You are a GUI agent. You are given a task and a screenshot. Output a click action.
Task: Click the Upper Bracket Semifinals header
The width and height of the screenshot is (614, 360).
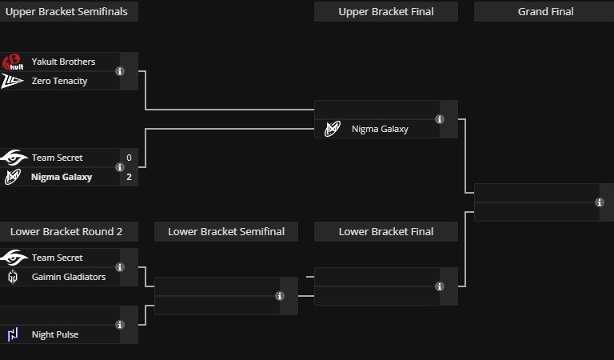(x=67, y=11)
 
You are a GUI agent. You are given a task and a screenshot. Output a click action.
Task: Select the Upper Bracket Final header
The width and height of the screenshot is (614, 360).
(x=385, y=11)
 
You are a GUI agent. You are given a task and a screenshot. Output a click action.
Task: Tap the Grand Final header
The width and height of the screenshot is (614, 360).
(x=545, y=11)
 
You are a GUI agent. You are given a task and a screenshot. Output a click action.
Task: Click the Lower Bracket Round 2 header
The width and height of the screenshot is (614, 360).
(x=66, y=231)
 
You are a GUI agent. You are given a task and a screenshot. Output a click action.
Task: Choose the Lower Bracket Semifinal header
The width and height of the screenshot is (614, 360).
(x=226, y=231)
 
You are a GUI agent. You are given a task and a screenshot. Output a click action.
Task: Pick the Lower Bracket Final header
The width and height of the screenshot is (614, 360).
(x=385, y=231)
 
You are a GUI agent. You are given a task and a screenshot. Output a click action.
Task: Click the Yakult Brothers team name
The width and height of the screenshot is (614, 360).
(x=63, y=62)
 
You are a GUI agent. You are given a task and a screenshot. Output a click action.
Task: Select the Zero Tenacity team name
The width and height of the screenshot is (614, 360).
(x=59, y=81)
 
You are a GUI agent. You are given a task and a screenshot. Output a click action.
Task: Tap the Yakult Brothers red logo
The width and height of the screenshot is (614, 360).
(x=13, y=62)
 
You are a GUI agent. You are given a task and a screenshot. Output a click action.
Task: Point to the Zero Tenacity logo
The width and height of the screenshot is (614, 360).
(x=13, y=81)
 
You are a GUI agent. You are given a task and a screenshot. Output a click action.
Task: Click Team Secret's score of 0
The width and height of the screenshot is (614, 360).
(x=129, y=158)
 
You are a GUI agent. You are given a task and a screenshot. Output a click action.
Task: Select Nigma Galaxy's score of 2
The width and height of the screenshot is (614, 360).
(x=129, y=177)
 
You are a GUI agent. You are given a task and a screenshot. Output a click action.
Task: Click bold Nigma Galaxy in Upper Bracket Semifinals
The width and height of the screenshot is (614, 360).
(x=62, y=177)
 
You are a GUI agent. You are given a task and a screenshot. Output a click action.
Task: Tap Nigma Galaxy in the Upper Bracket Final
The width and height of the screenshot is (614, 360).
(x=380, y=128)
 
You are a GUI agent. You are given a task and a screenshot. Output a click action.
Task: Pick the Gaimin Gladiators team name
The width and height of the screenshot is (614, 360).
(x=68, y=277)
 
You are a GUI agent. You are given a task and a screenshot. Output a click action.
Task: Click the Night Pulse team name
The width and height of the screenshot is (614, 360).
(x=55, y=334)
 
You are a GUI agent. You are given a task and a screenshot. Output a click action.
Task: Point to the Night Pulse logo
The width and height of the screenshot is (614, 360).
(x=13, y=334)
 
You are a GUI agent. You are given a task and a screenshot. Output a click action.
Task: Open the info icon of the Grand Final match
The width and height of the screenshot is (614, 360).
(x=600, y=202)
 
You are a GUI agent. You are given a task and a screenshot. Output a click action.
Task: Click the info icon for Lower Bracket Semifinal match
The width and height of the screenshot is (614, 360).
(x=280, y=296)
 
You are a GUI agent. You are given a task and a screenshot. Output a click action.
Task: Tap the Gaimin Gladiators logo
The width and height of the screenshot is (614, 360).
(x=13, y=277)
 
